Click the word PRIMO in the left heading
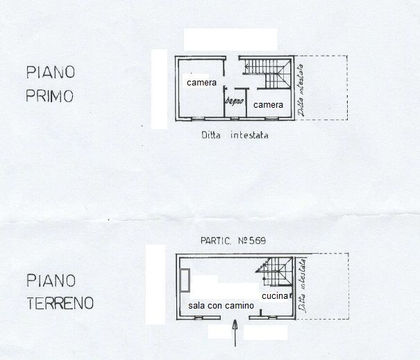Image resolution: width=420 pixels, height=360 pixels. pyautogui.click(x=49, y=96)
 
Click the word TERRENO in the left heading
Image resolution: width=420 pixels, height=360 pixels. pyautogui.click(x=60, y=303)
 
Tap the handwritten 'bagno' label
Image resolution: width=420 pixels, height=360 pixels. pyautogui.click(x=235, y=101)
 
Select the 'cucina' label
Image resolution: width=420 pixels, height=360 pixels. pyautogui.click(x=274, y=296)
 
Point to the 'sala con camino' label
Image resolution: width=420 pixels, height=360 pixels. pyautogui.click(x=221, y=306)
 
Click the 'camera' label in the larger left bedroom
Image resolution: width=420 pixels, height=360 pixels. pyautogui.click(x=201, y=83)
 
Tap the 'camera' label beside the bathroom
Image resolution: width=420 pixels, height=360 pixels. pyautogui.click(x=268, y=105)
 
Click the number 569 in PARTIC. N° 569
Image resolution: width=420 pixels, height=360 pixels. pyautogui.click(x=257, y=240)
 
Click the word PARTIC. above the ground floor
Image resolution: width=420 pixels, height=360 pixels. pyautogui.click(x=216, y=240)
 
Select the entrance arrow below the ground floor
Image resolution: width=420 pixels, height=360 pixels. pyautogui.click(x=235, y=333)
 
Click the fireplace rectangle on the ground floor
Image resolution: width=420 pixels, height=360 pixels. pyautogui.click(x=185, y=280)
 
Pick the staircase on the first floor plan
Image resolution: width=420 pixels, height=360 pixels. pyautogui.click(x=267, y=74)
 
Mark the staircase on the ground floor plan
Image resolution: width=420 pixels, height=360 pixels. pyautogui.click(x=274, y=272)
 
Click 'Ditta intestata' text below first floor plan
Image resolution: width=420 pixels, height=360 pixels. pyautogui.click(x=235, y=135)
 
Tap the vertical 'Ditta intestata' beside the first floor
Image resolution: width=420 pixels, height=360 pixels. pyautogui.click(x=301, y=90)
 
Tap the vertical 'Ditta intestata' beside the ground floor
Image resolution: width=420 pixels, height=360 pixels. pyautogui.click(x=303, y=286)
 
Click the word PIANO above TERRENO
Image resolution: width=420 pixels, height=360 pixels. pyautogui.click(x=51, y=281)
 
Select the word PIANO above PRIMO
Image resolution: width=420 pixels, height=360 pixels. pyautogui.click(x=51, y=72)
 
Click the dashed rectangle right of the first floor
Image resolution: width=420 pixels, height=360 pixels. pyautogui.click(x=347, y=88)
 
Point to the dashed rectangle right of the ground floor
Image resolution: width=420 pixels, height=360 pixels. pyautogui.click(x=348, y=286)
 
